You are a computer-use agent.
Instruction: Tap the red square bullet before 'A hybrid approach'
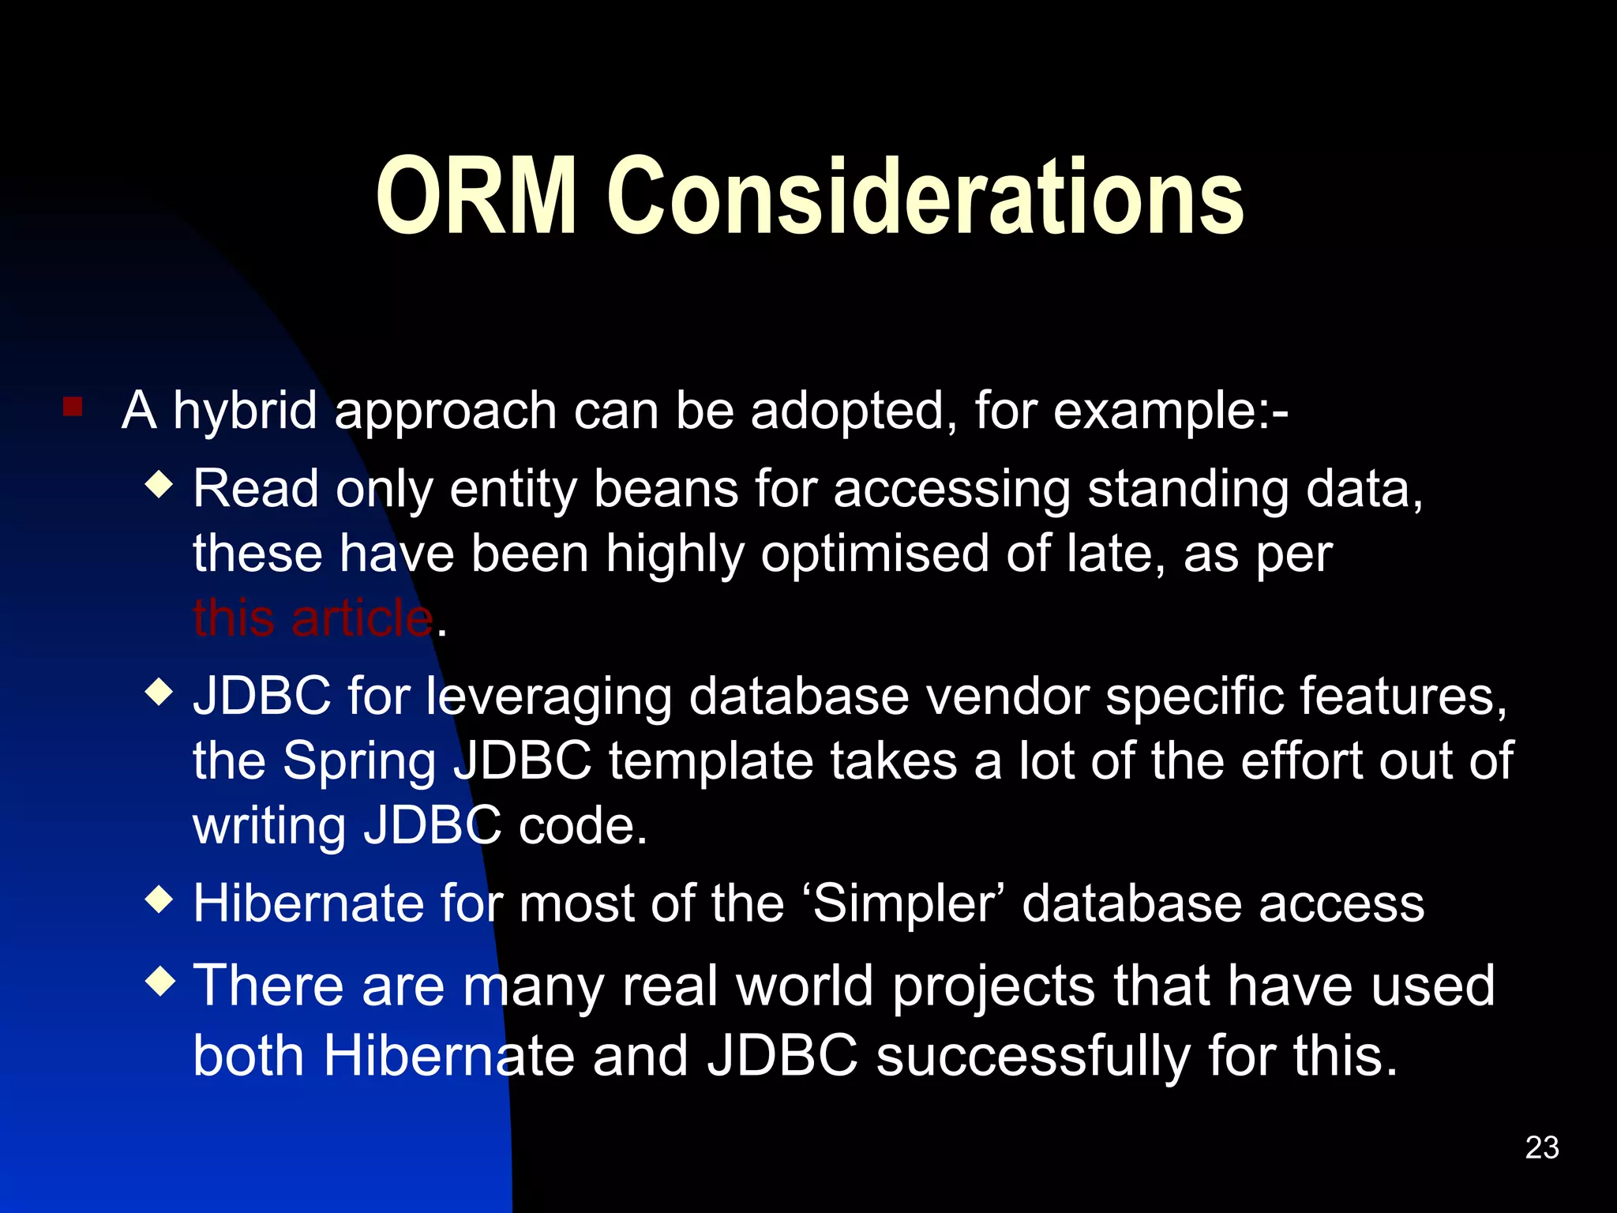pyautogui.click(x=73, y=407)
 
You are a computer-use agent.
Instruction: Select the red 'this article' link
pyautogui.click(x=313, y=618)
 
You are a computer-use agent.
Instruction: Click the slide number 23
pyautogui.click(x=1541, y=1147)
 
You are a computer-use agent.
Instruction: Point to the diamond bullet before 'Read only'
pyautogui.click(x=159, y=484)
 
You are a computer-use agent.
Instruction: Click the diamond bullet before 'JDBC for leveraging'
pyautogui.click(x=159, y=693)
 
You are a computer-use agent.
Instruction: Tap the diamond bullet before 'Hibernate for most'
pyautogui.click(x=159, y=899)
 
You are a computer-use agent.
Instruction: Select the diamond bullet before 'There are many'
pyautogui.click(x=159, y=982)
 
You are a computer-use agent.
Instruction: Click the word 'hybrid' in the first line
pyautogui.click(x=245, y=412)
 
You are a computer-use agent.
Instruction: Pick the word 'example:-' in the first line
pyautogui.click(x=1170, y=412)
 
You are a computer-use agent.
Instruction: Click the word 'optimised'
pyautogui.click(x=875, y=554)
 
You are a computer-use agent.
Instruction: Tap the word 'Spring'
pyautogui.click(x=359, y=763)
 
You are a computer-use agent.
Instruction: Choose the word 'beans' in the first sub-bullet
pyautogui.click(x=666, y=490)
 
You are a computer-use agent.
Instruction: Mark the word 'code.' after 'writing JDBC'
pyautogui.click(x=583, y=826)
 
